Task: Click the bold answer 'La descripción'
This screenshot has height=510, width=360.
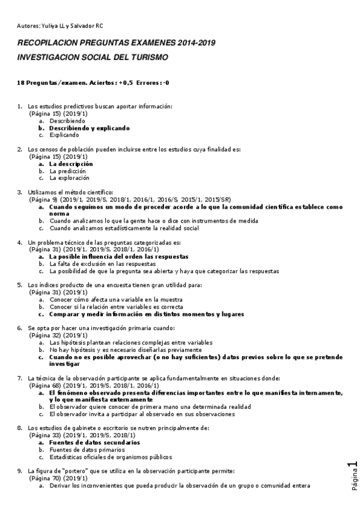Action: [x=71, y=164]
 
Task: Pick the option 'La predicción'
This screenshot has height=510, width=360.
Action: [x=68, y=171]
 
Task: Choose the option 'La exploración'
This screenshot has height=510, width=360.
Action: [x=69, y=178]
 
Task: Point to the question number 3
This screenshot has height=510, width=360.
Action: [x=20, y=192]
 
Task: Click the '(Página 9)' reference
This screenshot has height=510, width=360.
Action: [x=43, y=200]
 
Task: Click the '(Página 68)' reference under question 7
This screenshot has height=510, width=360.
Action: [x=45, y=386]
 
